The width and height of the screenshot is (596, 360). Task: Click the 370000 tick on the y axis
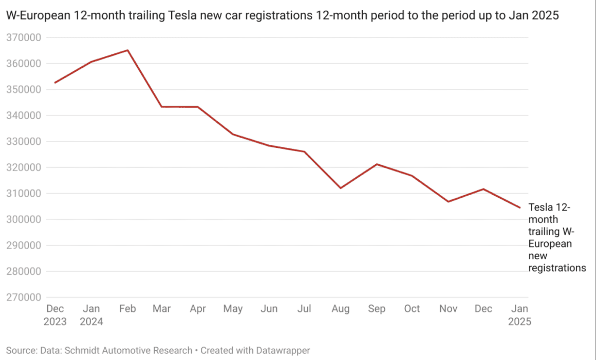(23, 37)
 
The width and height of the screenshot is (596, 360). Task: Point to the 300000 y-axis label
(23, 219)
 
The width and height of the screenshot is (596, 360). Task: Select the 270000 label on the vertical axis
(23, 297)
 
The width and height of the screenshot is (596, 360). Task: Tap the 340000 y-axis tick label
(23, 116)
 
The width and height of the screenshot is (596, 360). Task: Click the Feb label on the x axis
(127, 309)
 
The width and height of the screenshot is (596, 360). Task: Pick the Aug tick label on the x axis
(340, 309)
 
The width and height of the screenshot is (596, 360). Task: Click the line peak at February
(127, 50)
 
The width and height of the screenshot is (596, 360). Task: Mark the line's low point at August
(340, 188)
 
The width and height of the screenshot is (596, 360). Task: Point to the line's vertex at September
(377, 164)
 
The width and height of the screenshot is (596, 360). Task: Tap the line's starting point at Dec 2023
(55, 83)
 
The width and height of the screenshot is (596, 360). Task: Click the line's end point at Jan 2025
(520, 207)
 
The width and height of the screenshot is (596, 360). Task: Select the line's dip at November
(448, 201)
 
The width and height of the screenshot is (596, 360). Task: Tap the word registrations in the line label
(557, 268)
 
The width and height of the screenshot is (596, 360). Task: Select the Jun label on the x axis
(269, 309)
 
